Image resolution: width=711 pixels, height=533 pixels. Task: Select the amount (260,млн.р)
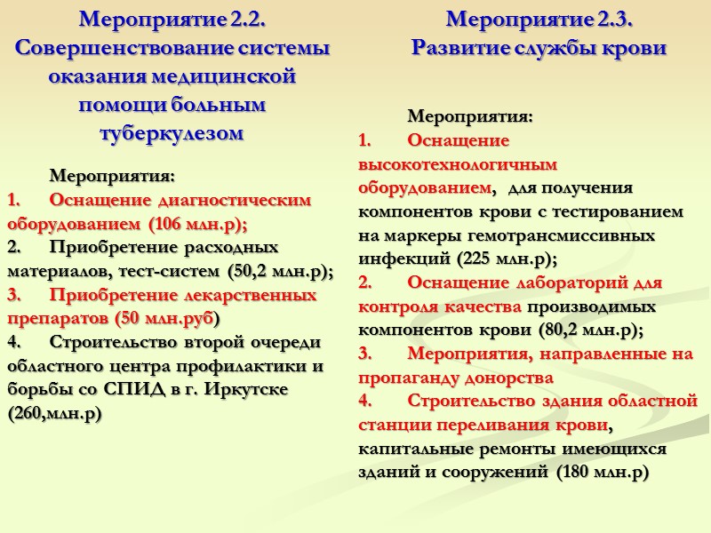pos(53,413)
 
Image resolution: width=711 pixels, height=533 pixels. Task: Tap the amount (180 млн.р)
pos(603,472)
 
